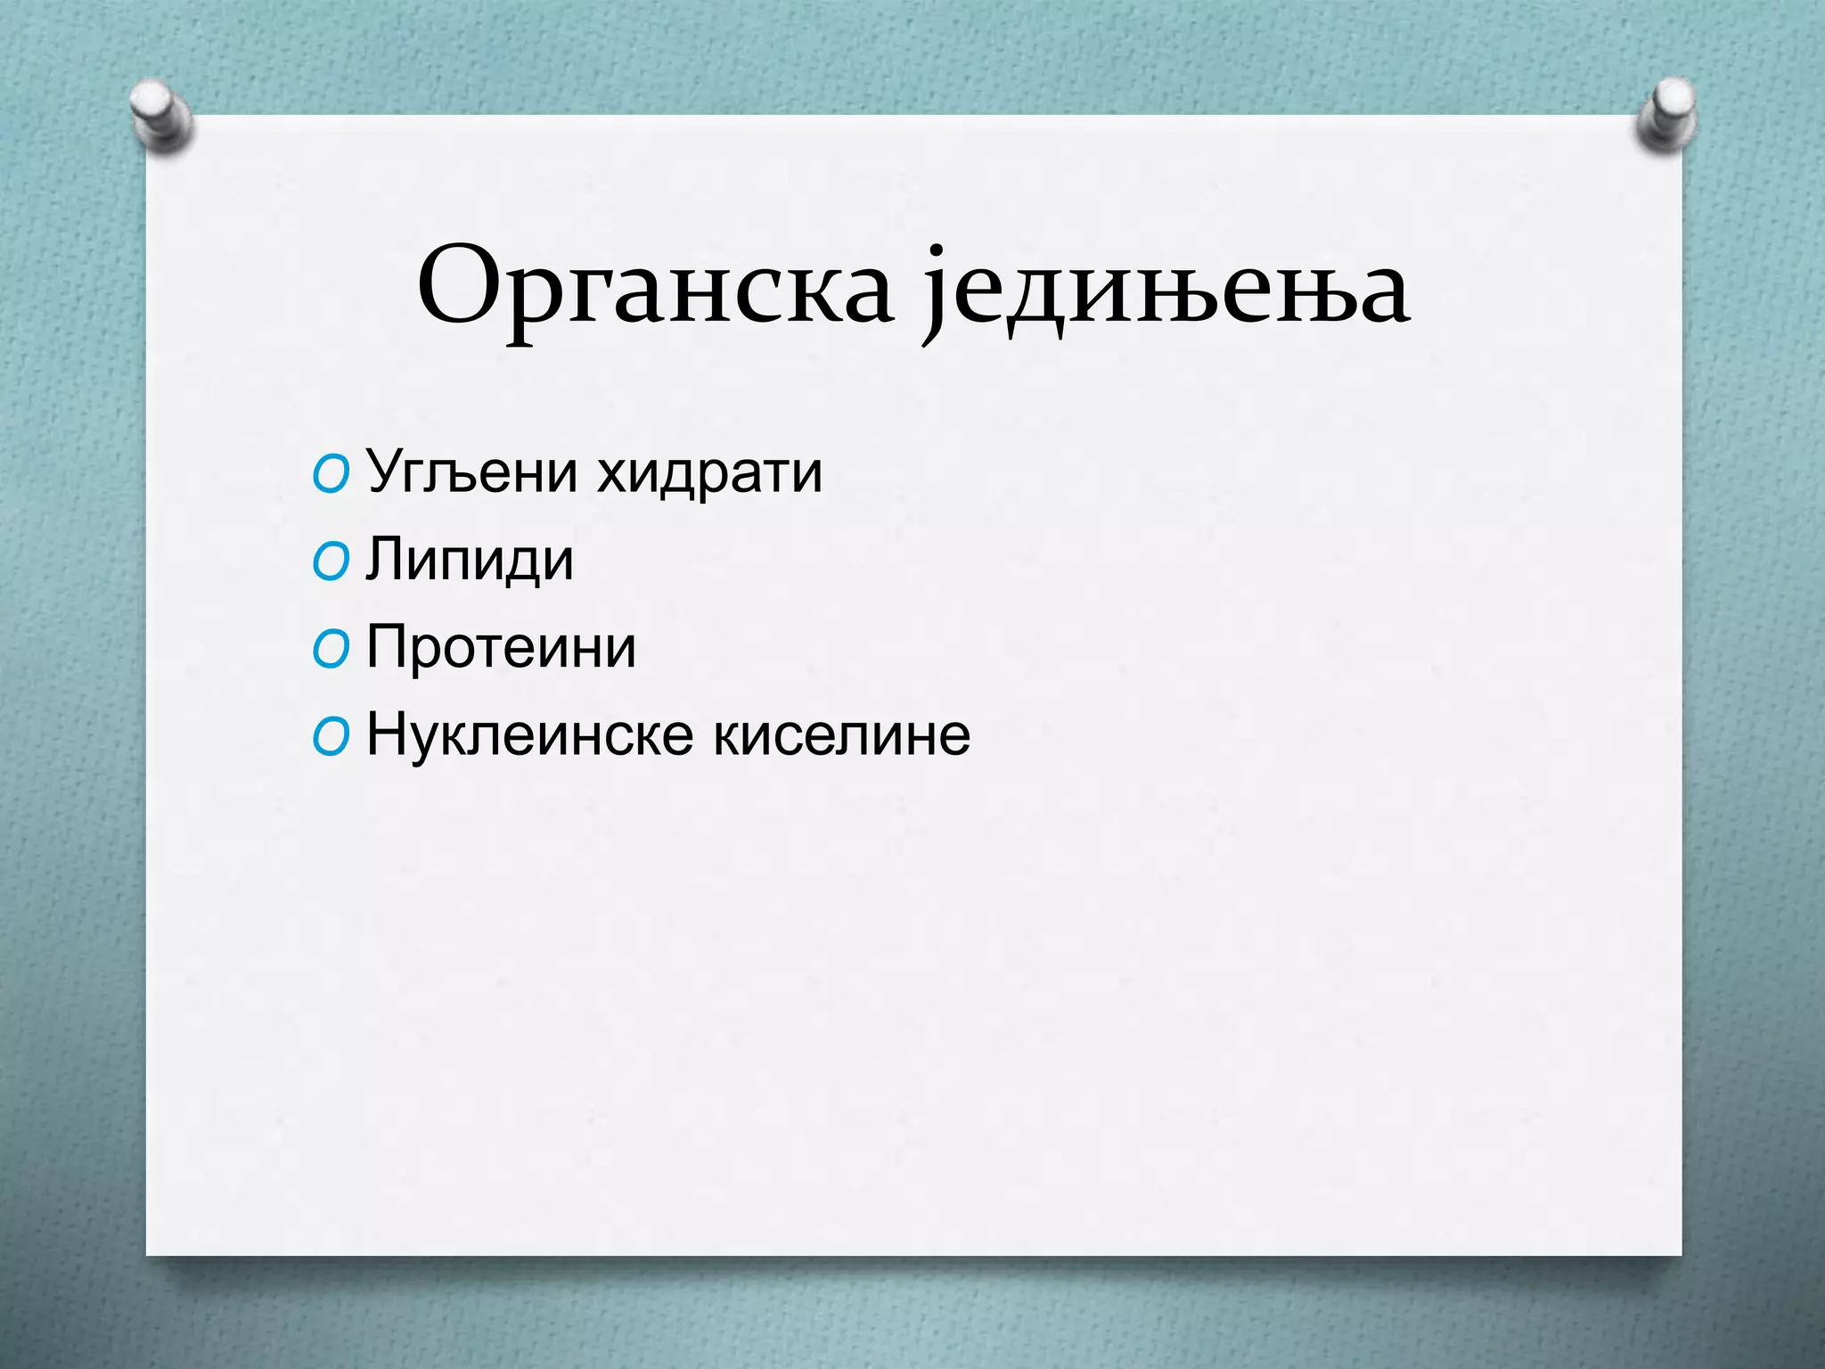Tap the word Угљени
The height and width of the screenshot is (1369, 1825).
[472, 472]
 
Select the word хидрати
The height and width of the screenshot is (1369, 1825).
[709, 472]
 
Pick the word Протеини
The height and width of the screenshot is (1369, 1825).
[501, 647]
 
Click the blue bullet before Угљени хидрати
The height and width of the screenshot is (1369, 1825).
[331, 475]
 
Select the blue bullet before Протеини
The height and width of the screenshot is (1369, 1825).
[331, 650]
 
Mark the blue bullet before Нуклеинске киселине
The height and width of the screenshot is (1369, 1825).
[331, 738]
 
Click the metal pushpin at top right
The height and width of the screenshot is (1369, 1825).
[1665, 114]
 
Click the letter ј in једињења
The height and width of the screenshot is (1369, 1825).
[933, 294]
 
